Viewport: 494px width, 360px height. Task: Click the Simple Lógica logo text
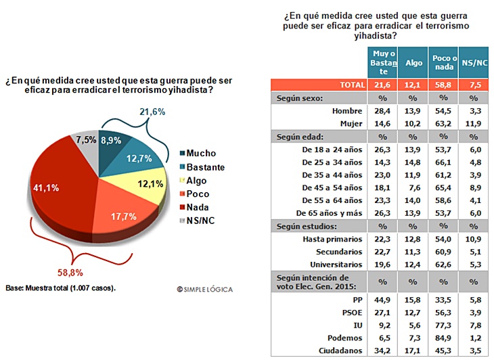[204, 289]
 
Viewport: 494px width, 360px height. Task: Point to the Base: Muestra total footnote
[60, 288]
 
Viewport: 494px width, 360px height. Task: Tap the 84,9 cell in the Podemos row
[444, 338]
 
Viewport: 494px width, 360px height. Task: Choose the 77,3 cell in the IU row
[444, 325]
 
